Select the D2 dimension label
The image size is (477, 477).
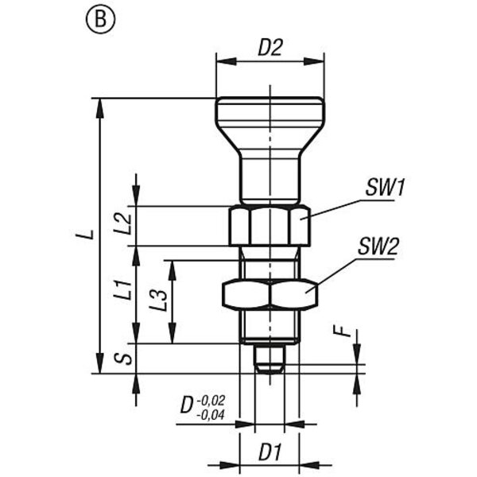coord(270,48)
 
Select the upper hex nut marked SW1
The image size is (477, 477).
coord(269,226)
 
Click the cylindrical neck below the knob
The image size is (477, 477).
coord(270,179)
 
